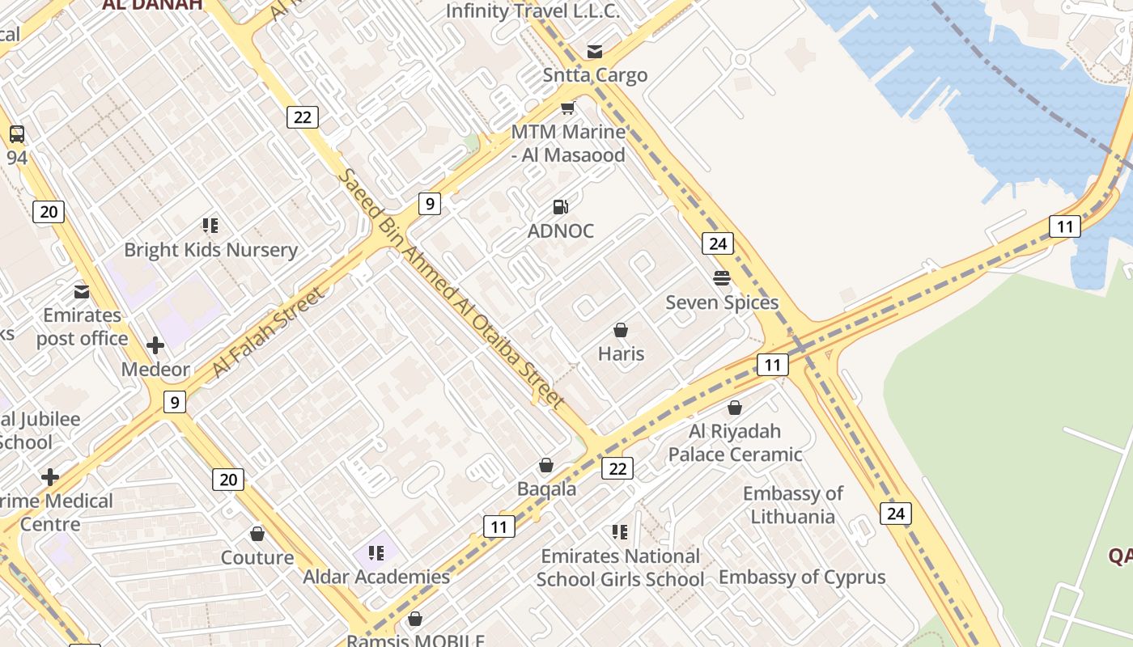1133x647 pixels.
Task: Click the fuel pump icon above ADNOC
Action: pos(560,207)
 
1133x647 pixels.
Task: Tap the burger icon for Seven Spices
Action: pos(722,278)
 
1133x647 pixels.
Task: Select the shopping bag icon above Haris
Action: pos(621,330)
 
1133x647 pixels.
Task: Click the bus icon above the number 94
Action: pos(17,134)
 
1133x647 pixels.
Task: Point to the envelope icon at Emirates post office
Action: pos(82,291)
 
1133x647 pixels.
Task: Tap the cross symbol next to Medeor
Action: pos(155,346)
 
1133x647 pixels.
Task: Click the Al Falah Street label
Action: pos(269,332)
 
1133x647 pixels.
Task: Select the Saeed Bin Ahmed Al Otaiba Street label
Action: pos(451,288)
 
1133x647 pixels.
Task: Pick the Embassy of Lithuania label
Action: pos(792,505)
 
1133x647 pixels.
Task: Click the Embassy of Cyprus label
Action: pos(802,577)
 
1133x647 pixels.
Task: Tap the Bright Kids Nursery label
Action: pos(211,250)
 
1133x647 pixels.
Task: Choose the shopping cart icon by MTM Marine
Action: pos(568,108)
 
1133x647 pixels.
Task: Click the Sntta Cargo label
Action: pos(596,75)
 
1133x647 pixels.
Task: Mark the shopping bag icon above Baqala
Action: pos(546,466)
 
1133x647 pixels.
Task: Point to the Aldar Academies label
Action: pos(376,577)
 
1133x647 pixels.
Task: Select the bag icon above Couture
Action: pos(257,535)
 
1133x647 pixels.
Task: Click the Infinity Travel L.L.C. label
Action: pos(533,11)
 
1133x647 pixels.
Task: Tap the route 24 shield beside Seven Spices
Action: pos(717,243)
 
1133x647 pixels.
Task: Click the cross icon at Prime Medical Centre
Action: pos(50,477)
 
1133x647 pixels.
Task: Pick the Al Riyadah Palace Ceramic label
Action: pos(735,442)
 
